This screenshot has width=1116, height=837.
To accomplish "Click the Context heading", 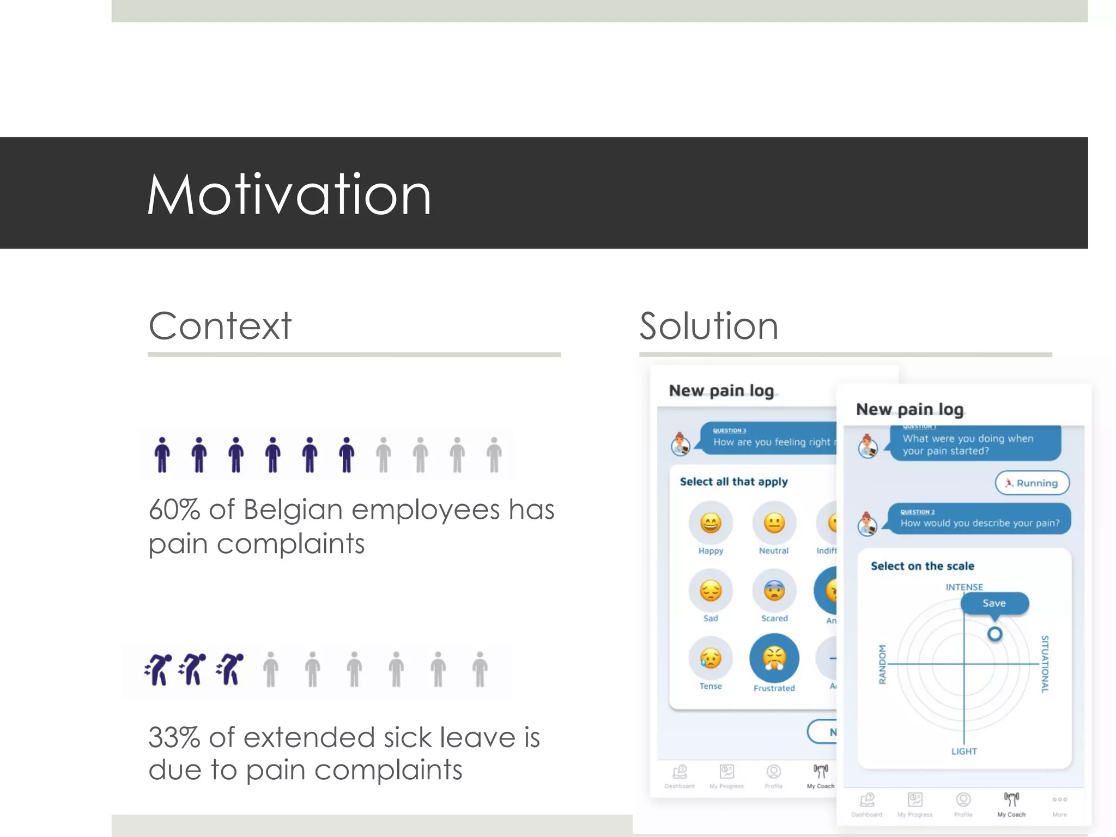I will coord(220,326).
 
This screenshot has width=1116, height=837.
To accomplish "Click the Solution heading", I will coord(708,326).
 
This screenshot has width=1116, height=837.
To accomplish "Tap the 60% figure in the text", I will coord(174,510).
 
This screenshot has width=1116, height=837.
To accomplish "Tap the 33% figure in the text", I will coord(174,738).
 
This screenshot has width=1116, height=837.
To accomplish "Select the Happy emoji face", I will coord(711,523).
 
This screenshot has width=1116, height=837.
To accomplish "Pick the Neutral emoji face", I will coord(774,523).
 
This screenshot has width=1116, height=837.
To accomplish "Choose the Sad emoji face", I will coord(711,591).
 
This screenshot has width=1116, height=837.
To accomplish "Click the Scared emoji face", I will coord(774,591).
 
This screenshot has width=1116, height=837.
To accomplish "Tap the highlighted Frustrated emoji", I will coord(774,658).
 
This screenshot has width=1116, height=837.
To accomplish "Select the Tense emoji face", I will coord(711,658).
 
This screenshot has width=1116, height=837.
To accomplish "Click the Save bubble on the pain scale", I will coord(994,603).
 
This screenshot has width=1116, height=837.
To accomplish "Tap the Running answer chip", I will coord(1032,483).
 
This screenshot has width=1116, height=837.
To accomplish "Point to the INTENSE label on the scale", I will coord(964,587).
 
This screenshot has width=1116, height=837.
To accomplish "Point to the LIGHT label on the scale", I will coord(964,751).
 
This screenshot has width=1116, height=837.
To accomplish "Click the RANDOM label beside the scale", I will coord(882,664).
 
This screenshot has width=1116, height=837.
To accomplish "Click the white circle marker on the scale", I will coord(994,634).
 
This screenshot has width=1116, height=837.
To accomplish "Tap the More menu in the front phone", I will coord(1059,804).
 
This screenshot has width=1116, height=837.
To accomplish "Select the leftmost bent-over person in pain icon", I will coord(158,670).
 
